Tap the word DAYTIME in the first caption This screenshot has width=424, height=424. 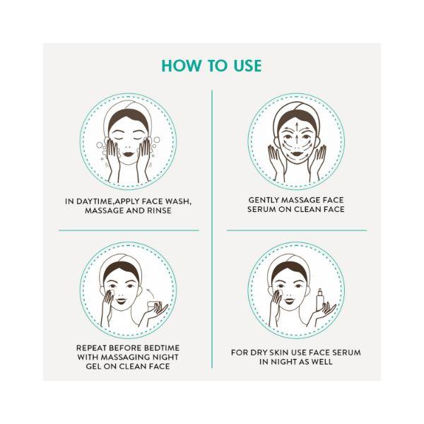tap(94, 201)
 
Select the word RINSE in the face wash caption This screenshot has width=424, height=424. tap(159, 211)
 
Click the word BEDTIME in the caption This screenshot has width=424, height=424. tap(162, 348)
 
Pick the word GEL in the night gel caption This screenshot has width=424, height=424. tap(92, 366)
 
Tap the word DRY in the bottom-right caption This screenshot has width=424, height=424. tap(259, 353)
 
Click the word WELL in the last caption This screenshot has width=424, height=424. tap(322, 362)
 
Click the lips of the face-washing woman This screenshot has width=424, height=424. tap(128, 154)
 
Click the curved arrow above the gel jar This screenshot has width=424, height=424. tap(151, 293)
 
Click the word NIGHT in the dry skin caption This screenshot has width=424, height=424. tap(283, 362)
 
